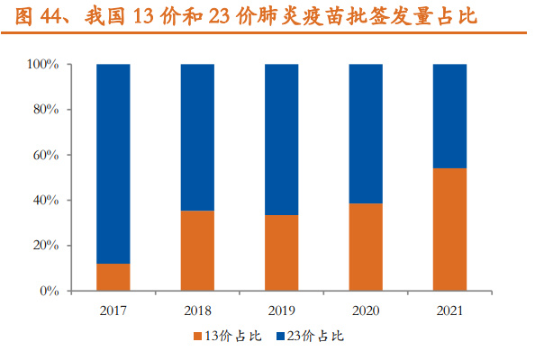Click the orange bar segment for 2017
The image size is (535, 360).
113,277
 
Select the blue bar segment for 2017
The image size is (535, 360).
113,164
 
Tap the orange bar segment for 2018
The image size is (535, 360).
197,250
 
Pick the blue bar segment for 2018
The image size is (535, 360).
197,137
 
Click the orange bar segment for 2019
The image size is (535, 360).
282,253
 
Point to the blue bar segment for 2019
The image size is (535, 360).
282,139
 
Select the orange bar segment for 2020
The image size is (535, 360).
366,247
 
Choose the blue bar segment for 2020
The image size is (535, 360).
366,133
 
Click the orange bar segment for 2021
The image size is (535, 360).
449,229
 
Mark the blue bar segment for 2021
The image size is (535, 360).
449,116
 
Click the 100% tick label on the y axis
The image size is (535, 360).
42,65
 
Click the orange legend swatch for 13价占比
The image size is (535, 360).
197,337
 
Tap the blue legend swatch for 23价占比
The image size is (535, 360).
280,337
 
